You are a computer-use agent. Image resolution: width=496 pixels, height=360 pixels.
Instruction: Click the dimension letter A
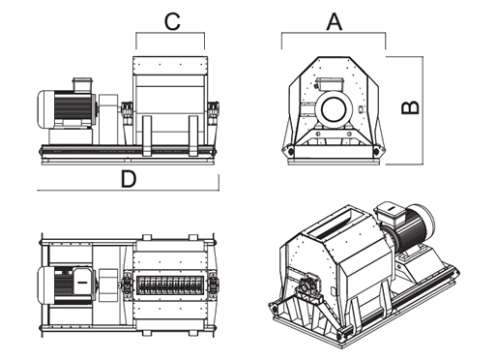[335, 22]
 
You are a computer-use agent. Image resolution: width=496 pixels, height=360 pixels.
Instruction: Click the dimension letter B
[410, 107]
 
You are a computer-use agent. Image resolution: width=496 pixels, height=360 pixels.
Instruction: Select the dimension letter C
[172, 22]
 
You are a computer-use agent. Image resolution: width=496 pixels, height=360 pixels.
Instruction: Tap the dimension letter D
[129, 179]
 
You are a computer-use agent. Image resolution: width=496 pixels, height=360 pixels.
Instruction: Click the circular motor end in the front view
[334, 108]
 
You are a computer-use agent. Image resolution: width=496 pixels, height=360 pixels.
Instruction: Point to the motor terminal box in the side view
[83, 84]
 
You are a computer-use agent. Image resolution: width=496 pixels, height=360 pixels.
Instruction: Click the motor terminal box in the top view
[82, 282]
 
